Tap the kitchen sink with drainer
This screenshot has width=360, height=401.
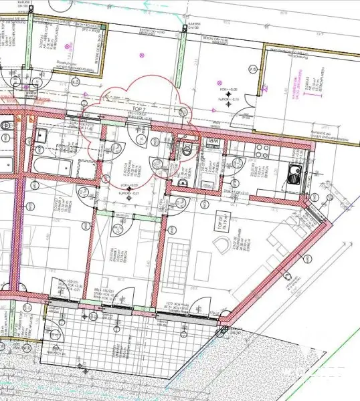click(292, 175)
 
